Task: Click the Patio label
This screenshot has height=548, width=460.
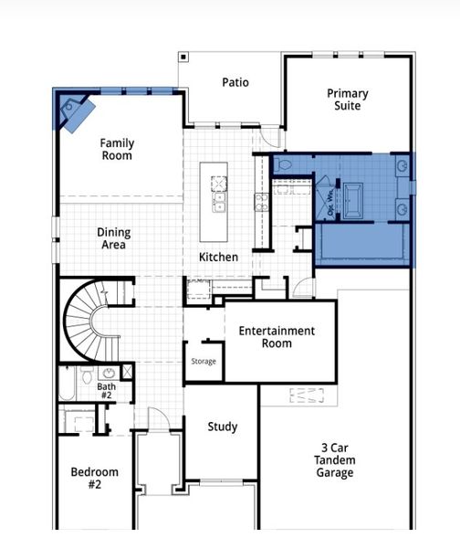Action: pyautogui.click(x=235, y=83)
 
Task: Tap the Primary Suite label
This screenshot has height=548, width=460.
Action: pyautogui.click(x=348, y=100)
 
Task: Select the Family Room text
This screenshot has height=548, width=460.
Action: pyautogui.click(x=116, y=149)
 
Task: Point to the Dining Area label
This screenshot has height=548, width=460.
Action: pyautogui.click(x=113, y=238)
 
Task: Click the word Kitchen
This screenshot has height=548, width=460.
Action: pyautogui.click(x=218, y=258)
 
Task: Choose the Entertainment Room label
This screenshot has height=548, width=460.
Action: pyautogui.click(x=277, y=337)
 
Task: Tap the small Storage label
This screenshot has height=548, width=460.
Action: pyautogui.click(x=204, y=362)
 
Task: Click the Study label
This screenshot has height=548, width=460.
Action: pyautogui.click(x=222, y=427)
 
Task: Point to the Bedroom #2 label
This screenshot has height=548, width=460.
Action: pyautogui.click(x=95, y=479)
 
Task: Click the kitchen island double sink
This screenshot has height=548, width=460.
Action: pyautogui.click(x=219, y=196)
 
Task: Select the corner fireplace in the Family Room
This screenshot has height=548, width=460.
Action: pyautogui.click(x=75, y=111)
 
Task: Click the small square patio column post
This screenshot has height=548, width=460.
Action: pyautogui.click(x=183, y=58)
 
